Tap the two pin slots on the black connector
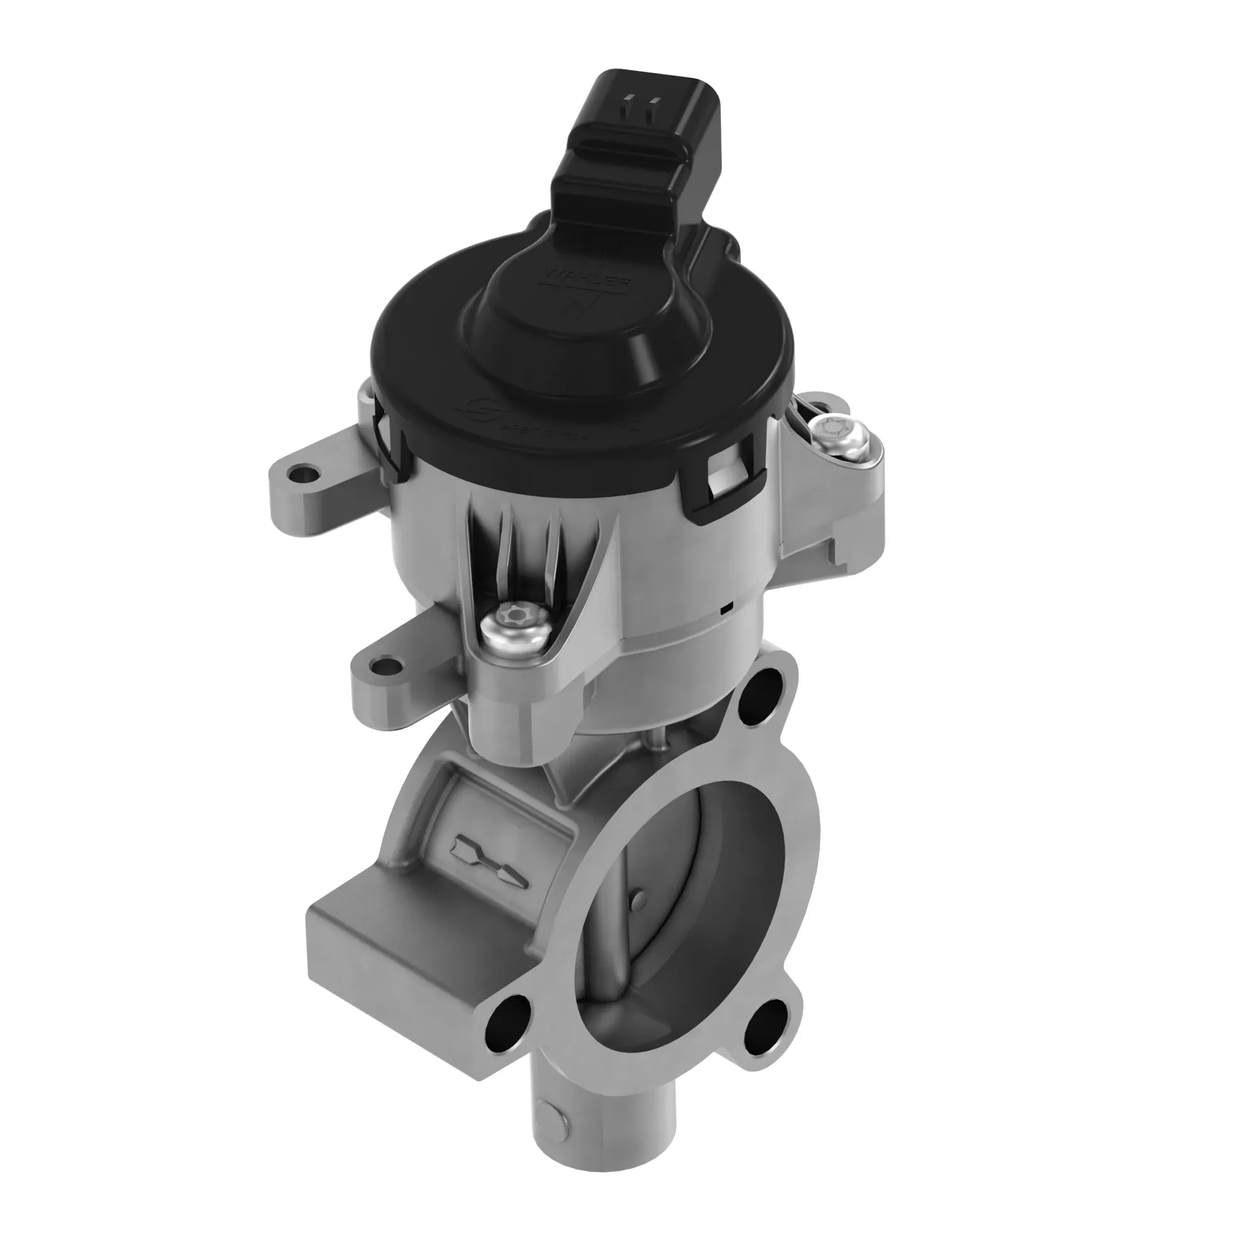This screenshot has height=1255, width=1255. (x=639, y=103)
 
